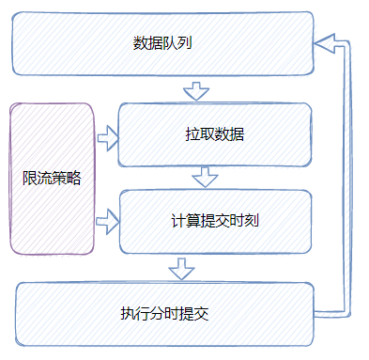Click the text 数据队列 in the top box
click(163, 43)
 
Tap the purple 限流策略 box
click(53, 179)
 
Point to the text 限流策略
click(52, 179)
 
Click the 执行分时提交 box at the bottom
click(163, 313)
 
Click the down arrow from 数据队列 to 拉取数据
click(194, 90)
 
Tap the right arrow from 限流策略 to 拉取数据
click(108, 140)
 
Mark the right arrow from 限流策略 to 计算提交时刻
click(108, 223)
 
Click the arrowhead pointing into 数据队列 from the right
click(325, 41)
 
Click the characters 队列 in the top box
click(178, 43)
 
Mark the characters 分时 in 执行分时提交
click(163, 313)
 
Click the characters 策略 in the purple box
click(66, 179)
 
